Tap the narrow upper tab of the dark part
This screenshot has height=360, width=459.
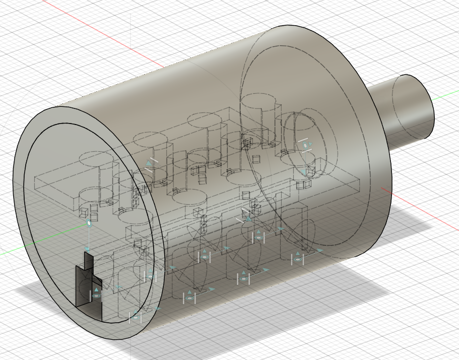pos(89,260)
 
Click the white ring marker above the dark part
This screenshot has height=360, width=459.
pos(89,222)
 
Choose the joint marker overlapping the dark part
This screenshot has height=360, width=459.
pos(96,294)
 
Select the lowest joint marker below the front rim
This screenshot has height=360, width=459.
pos(135,317)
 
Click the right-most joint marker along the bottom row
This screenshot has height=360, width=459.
pos(298,259)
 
